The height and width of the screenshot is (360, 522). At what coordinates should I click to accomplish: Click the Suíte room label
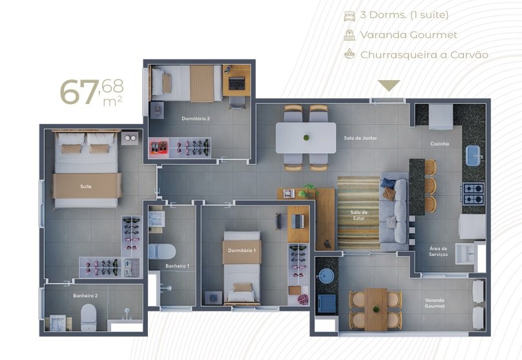coord(85,187)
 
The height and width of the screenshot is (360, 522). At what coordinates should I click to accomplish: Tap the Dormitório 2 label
coord(196,118)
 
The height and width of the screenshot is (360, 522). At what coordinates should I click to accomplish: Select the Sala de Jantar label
coord(360,138)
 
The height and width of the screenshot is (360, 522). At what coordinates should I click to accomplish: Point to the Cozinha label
coord(440,143)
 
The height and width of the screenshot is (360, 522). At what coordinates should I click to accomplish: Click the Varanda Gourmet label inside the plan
coord(435,303)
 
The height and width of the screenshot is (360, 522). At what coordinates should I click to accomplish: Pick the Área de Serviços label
coord(439,251)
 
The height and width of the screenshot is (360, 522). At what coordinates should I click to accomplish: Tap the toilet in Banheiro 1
coord(162,251)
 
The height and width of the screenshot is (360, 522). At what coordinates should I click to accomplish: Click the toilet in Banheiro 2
coord(89,317)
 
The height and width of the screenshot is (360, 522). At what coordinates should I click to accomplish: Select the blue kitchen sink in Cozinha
coord(473,156)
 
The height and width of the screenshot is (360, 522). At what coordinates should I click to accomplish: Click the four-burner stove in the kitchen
coord(473,194)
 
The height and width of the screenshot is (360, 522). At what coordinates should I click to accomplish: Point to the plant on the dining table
coord(306,137)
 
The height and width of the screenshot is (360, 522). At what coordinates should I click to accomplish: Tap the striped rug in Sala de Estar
coord(359,213)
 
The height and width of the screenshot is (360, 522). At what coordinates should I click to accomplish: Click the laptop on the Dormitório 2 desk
coord(236,83)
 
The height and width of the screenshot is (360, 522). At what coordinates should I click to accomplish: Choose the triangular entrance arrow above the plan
coord(389,85)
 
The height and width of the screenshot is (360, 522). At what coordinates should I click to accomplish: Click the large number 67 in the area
coord(79,92)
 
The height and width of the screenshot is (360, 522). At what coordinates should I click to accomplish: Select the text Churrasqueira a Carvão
coord(424,55)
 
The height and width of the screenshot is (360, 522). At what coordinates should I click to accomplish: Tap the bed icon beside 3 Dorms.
coord(350,16)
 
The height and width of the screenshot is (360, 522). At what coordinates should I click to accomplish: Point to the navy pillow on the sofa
coord(388,183)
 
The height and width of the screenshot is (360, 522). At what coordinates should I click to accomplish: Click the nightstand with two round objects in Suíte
coord(130,138)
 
